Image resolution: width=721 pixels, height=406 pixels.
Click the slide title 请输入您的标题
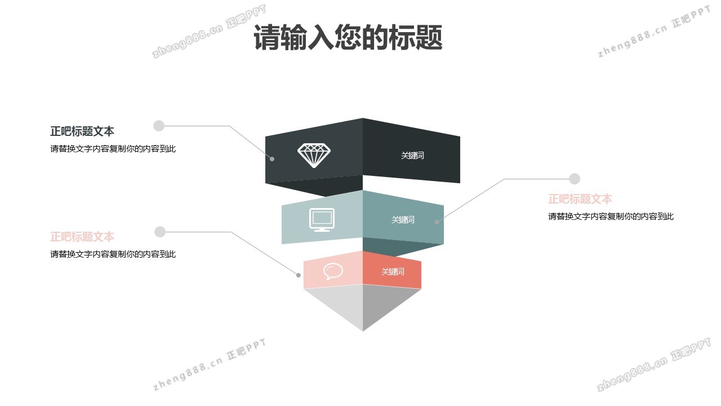(348, 38)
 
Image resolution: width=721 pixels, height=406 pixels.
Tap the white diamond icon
(314, 155)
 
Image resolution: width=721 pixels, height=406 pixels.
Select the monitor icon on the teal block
(322, 219)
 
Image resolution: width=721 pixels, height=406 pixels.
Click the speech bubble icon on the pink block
(333, 271)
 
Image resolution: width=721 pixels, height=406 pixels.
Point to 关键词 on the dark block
(412, 156)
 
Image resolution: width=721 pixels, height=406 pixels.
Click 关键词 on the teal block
(403, 220)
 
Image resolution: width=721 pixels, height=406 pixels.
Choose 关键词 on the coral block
(393, 272)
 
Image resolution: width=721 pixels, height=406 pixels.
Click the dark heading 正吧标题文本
(82, 131)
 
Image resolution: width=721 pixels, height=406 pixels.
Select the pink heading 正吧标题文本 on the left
(82, 237)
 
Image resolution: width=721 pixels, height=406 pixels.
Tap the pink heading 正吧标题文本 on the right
(580, 199)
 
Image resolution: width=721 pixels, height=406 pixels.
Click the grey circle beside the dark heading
(159, 126)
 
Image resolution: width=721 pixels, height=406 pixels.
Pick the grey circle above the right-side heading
(575, 179)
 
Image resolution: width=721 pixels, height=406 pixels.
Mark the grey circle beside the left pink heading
(160, 232)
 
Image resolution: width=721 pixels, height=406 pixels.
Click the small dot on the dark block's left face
(272, 159)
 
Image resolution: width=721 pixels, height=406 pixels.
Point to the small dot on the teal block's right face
(437, 222)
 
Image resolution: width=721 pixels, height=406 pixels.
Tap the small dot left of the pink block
(299, 275)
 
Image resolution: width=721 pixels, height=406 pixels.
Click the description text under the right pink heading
(611, 217)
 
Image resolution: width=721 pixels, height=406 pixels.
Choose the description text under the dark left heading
(113, 149)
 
